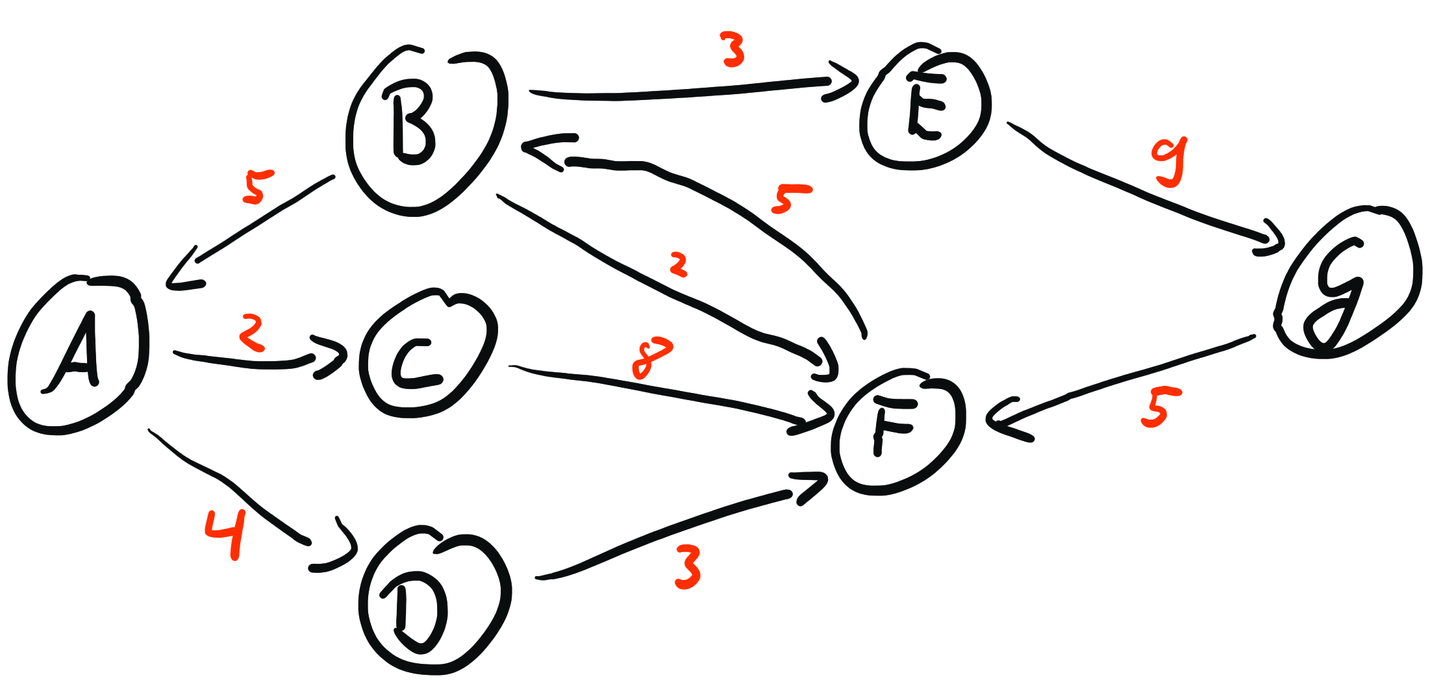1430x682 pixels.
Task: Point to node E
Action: [925, 107]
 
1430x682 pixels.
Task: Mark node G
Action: [1344, 283]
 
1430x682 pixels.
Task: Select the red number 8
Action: [651, 357]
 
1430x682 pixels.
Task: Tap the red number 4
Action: [226, 533]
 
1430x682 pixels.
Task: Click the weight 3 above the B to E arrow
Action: [733, 51]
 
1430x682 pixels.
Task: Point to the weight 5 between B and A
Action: [257, 187]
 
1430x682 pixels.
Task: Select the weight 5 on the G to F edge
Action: [1160, 408]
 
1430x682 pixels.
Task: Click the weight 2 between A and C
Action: [251, 333]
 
